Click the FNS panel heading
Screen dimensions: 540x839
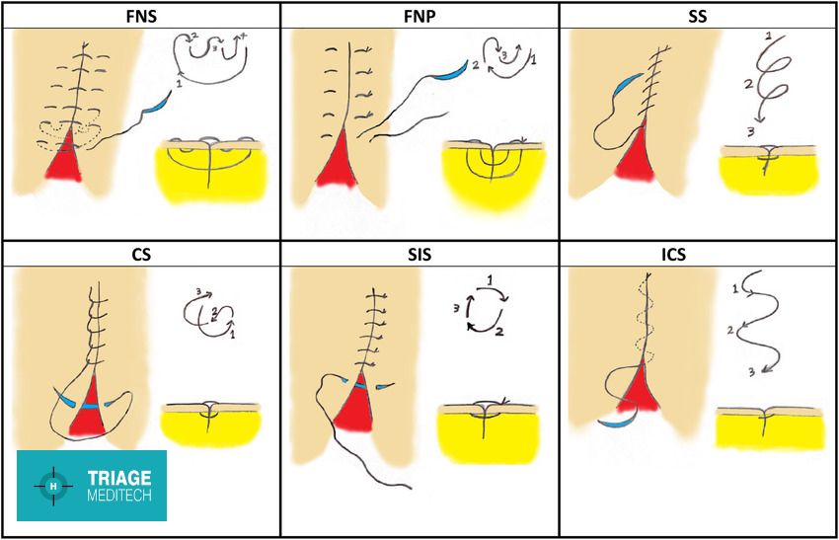[140, 15]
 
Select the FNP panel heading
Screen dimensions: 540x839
[419, 15]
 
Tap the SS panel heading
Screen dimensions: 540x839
[698, 15]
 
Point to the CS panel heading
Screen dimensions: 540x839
[140, 254]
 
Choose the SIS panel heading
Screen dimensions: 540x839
[419, 254]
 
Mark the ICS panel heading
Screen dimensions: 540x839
[698, 254]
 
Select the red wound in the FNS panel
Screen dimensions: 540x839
[65, 158]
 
